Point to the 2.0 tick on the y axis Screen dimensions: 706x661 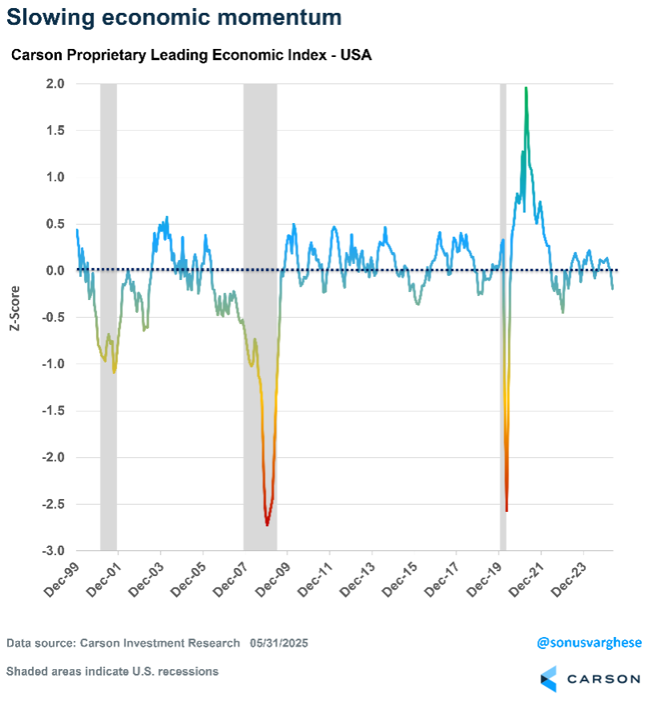pos(55,83)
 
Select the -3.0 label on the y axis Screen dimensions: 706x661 pos(54,551)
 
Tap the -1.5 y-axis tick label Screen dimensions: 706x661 pos(54,411)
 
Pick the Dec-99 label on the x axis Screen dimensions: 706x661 pos(57,579)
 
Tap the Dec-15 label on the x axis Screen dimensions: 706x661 pos(395,579)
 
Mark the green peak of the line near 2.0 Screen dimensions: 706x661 pos(526,89)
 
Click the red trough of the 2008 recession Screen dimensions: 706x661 pos(267,524)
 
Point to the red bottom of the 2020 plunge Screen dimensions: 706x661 pos(506,509)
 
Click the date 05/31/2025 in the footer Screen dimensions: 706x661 pos(279,643)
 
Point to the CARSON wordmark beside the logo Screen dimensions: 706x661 pos(603,679)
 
